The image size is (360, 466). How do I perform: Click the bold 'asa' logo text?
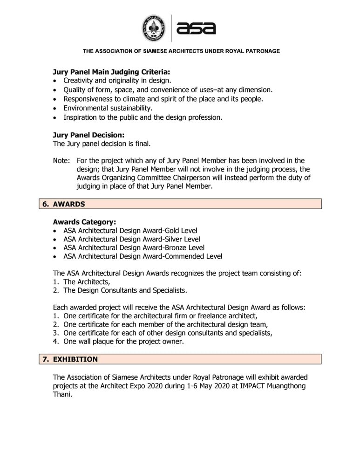(x=196, y=28)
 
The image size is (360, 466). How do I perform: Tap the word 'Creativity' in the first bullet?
(x=80, y=81)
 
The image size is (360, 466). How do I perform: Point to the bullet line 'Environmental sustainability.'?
(x=108, y=108)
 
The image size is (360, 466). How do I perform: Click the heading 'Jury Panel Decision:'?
(x=89, y=135)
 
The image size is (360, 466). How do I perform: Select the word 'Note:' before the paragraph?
(x=61, y=161)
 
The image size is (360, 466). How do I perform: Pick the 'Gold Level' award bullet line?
(x=130, y=231)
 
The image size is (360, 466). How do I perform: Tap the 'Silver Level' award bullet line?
(x=131, y=239)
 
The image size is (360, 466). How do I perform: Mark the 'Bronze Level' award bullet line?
(x=134, y=247)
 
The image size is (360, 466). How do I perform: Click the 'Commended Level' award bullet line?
(x=143, y=256)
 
